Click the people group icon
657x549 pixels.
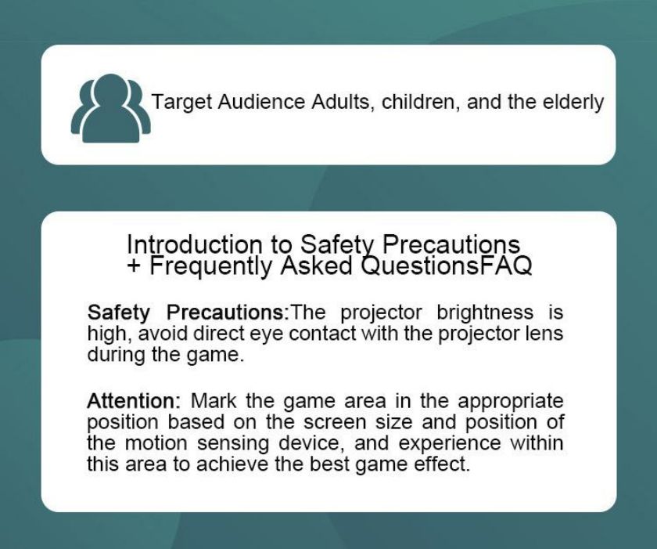(110, 108)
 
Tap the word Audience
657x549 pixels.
(261, 102)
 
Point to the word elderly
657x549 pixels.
(573, 103)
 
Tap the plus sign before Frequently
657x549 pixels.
(134, 265)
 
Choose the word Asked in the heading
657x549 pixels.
(316, 265)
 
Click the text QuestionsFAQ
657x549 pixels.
(447, 265)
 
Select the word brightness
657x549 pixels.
(485, 312)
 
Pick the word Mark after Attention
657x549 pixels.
(214, 400)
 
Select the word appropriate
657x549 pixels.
(510, 402)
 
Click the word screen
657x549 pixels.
(335, 422)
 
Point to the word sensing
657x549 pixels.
(232, 444)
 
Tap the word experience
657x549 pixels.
(450, 444)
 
